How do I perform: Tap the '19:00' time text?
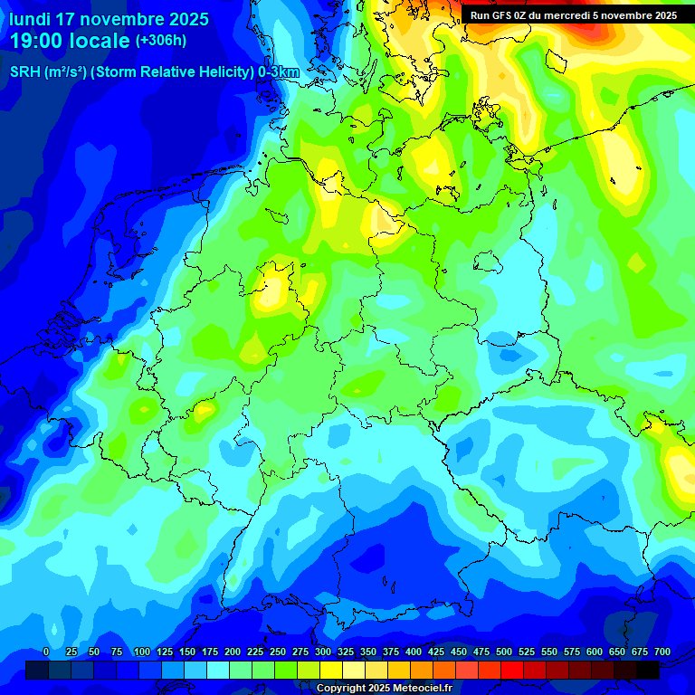point(37,41)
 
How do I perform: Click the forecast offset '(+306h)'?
point(161,41)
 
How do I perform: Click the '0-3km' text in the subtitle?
point(279,72)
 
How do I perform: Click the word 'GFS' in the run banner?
point(502,15)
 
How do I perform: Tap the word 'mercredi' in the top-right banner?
point(580,15)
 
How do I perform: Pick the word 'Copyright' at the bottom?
point(341,689)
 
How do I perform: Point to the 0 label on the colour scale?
point(46,652)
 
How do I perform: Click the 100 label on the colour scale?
point(142,652)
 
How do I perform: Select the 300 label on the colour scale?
point(323,652)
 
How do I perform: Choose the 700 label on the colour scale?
point(662,652)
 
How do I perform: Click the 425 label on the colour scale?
point(436,652)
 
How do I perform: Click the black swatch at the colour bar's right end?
point(648,670)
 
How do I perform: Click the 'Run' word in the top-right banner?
point(480,15)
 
